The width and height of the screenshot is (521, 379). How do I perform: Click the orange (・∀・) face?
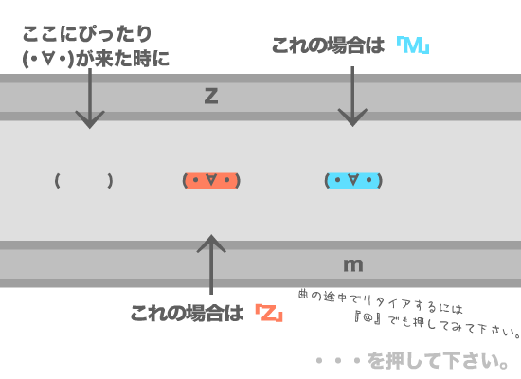coord(211,181)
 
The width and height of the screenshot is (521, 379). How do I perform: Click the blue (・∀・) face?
coord(353,181)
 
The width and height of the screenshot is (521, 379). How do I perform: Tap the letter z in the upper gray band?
coord(211,96)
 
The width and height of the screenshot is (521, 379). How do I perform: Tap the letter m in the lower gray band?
coord(353,265)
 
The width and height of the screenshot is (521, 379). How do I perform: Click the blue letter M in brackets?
coord(412,45)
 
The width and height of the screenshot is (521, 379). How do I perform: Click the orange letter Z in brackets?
coord(269,314)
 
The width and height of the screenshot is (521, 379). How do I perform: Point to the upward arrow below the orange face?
coord(211,264)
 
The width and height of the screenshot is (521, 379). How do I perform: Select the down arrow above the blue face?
coord(352,97)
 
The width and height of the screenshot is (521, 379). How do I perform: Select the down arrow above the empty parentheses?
coord(90,99)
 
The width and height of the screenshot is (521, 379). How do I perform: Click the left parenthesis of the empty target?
coord(57,181)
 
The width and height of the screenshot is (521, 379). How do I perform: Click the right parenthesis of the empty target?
coord(110,181)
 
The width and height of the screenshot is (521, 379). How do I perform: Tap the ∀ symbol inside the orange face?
coord(211,180)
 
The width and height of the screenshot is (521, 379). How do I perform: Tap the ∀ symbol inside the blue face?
coord(353,180)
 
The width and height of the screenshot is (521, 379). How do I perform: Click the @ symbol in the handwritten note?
coord(368,317)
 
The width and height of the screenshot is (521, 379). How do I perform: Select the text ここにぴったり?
coord(87,34)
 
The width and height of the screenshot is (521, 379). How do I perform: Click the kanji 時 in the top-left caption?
coord(142,59)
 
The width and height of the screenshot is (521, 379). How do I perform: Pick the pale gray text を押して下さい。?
coord(438,361)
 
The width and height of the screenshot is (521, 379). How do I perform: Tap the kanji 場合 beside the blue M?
coord(347,45)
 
